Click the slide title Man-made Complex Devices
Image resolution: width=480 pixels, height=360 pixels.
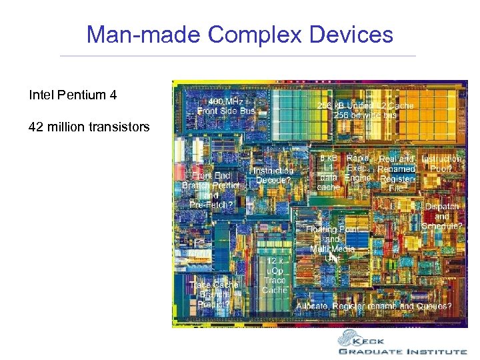240,34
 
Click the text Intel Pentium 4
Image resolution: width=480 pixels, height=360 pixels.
73,95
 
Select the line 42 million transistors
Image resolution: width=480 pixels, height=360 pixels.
89,127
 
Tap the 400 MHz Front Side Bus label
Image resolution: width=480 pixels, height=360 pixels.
226,105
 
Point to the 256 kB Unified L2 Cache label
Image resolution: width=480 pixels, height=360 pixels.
365,110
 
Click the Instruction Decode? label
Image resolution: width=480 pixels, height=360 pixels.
273,175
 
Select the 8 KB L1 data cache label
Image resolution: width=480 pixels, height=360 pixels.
328,173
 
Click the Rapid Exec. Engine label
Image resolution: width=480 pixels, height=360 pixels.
358,168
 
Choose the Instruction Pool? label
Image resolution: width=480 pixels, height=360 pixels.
441,164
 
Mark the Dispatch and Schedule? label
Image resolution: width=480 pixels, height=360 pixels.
442,216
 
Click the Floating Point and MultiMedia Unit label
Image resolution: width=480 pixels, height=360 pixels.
332,243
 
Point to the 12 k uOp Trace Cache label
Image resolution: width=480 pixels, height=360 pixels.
275,275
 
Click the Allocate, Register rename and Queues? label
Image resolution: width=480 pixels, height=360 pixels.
374,306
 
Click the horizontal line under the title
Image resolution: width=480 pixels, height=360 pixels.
238,56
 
